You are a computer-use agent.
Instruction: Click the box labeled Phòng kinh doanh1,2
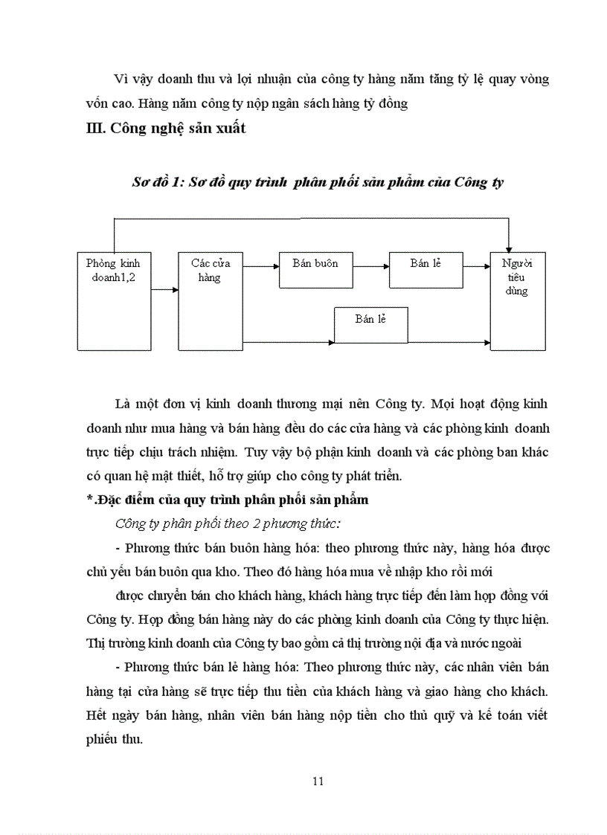(x=114, y=300)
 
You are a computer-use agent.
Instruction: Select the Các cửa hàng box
(x=211, y=300)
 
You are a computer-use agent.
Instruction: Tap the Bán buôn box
(x=315, y=269)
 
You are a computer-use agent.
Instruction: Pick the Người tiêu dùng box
(x=517, y=300)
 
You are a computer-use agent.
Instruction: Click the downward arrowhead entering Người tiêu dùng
(x=508, y=248)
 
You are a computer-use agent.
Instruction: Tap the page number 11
(x=318, y=781)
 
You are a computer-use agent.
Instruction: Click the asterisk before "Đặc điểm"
(x=89, y=500)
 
